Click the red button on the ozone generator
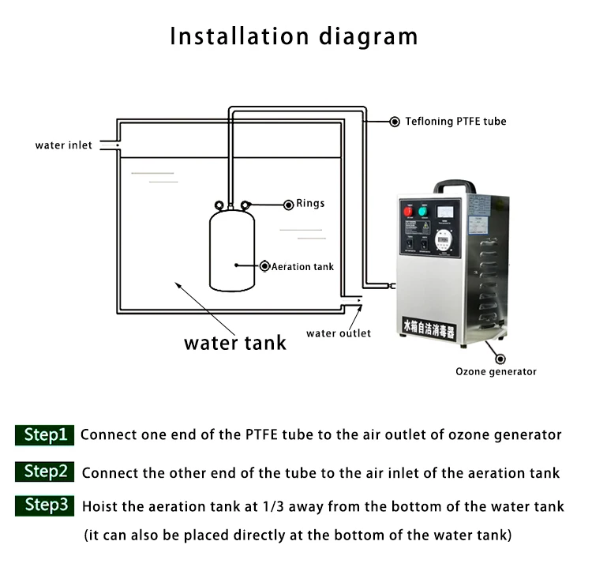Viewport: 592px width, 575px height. (408, 212)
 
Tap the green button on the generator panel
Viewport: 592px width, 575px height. (423, 212)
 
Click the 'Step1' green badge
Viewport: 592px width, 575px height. (45, 434)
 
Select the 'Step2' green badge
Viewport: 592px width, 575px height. (45, 472)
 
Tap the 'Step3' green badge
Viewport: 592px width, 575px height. (45, 505)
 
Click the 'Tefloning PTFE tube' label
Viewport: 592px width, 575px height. (455, 122)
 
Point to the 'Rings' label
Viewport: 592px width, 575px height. (310, 204)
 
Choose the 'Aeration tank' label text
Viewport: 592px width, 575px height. (302, 267)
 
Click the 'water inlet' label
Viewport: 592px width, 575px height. (63, 145)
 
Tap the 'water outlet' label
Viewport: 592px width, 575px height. (339, 333)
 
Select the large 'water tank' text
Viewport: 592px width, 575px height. (235, 343)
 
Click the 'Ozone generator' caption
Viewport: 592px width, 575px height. (496, 371)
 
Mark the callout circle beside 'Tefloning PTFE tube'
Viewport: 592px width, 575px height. (395, 122)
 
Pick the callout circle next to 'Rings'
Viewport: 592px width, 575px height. (288, 205)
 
